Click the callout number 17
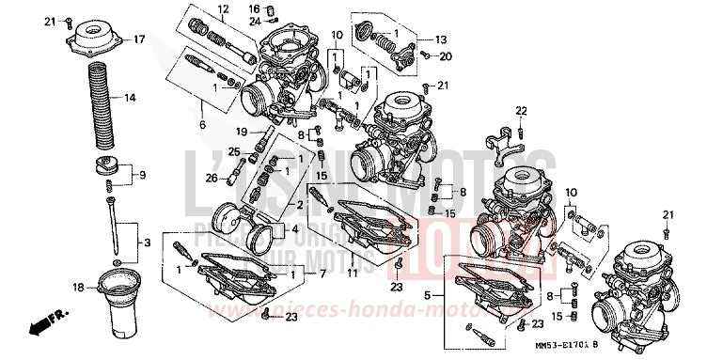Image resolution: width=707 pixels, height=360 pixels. click(138, 39)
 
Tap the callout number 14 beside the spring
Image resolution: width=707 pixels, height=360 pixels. click(130, 98)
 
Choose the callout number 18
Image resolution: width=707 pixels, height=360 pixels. click(79, 287)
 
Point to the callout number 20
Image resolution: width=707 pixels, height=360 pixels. click(446, 56)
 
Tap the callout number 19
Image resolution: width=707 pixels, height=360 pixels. click(241, 132)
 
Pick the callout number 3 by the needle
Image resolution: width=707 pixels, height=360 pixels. click(147, 243)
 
